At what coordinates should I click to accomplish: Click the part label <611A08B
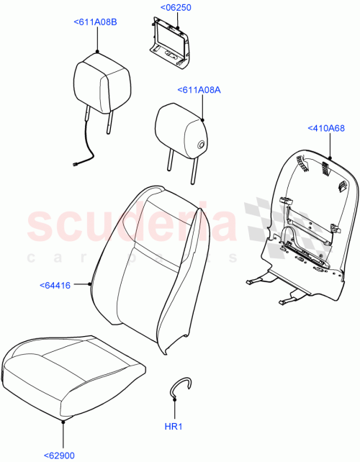[95, 22]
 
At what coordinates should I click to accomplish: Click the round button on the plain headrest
[201, 147]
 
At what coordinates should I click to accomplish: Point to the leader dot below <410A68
[330, 156]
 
